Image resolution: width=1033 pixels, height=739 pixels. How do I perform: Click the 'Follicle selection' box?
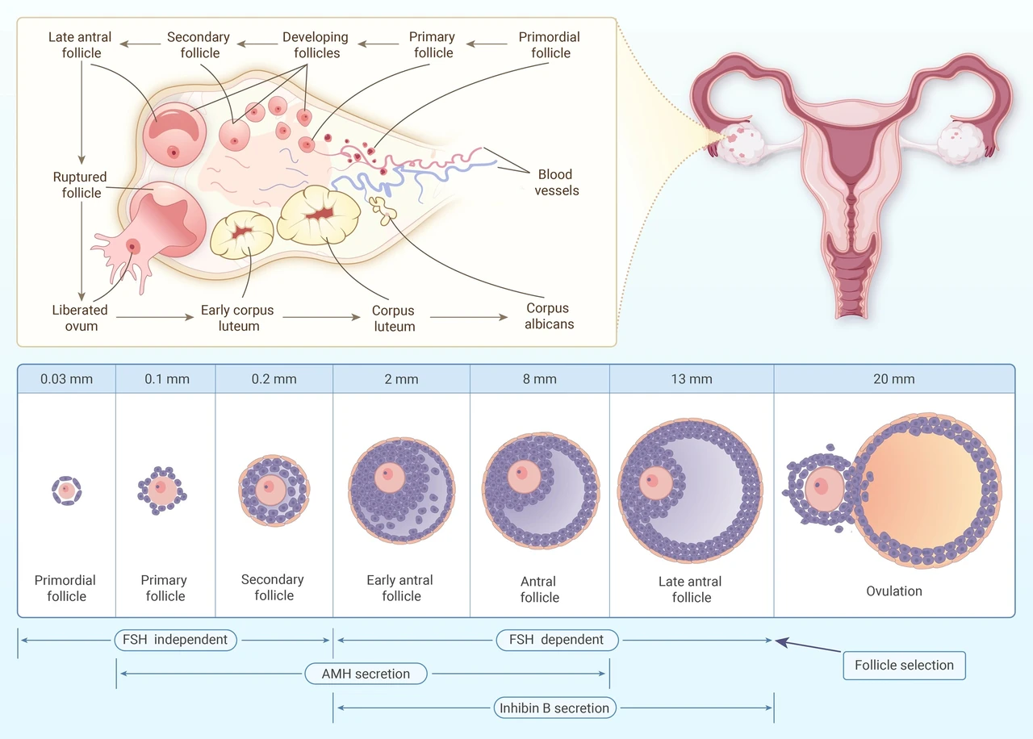click(904, 666)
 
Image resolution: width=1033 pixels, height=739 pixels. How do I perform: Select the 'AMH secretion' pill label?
click(366, 674)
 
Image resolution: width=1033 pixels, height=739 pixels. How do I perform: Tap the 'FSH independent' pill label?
click(175, 640)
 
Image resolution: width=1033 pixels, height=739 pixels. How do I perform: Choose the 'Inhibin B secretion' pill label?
click(554, 708)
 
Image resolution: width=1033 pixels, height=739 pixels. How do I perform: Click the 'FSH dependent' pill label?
click(557, 640)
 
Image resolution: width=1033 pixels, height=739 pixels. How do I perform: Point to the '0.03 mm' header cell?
click(66, 379)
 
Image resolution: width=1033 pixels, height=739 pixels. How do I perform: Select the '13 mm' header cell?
click(692, 379)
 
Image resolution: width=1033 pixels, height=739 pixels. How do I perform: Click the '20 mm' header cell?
click(894, 379)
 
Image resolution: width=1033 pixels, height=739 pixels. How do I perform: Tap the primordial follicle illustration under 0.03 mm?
click(66, 491)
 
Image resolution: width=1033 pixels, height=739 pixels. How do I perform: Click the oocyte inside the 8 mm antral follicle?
click(524, 476)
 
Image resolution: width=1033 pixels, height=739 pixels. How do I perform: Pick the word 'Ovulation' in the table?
click(894, 591)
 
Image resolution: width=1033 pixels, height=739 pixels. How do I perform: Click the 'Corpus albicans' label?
click(549, 315)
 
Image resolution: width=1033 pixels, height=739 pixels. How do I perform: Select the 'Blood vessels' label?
click(556, 182)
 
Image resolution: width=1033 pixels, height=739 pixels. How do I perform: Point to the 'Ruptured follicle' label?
click(80, 185)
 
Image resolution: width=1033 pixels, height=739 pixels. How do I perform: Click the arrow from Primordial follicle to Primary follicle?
click(487, 44)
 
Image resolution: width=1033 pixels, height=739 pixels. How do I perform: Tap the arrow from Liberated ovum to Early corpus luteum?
click(155, 317)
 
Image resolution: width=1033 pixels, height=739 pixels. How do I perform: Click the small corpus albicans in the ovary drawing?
click(383, 211)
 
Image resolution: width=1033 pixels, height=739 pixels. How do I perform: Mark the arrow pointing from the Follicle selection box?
click(808, 645)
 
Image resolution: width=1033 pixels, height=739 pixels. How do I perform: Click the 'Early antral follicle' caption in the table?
click(400, 588)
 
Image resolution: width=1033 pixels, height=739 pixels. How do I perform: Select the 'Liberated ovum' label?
click(80, 318)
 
